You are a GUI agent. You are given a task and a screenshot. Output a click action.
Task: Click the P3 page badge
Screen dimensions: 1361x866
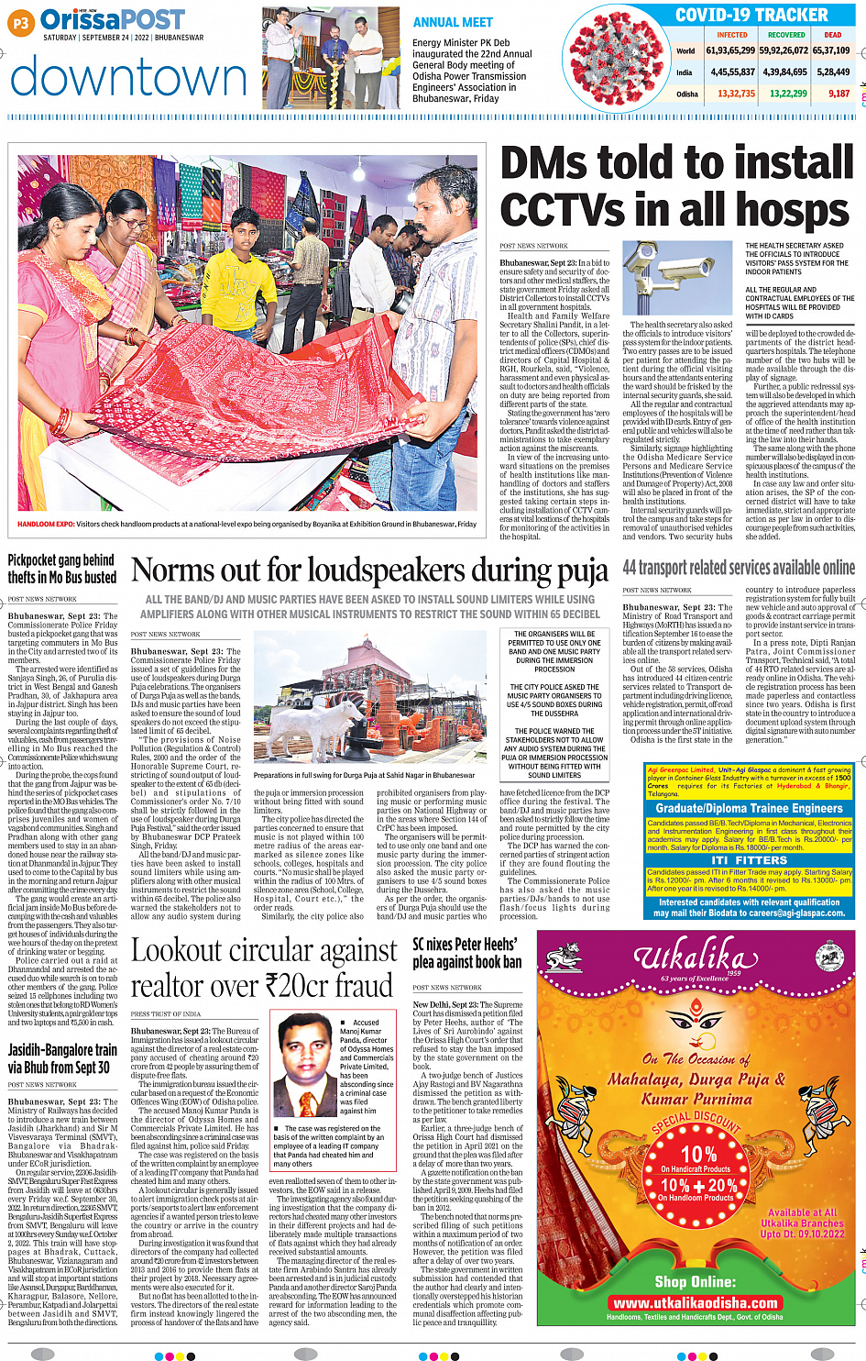(21, 24)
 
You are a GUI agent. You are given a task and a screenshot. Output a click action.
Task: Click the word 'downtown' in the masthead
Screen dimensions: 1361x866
(128, 78)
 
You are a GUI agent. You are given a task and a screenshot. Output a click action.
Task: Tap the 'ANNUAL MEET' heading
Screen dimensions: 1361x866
(453, 22)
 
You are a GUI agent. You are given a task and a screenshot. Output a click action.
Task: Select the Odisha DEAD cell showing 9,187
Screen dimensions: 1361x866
(839, 94)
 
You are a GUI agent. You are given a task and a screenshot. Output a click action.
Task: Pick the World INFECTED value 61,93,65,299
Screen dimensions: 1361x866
(730, 50)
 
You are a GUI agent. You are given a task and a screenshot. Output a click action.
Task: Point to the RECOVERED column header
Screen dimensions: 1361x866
(786, 35)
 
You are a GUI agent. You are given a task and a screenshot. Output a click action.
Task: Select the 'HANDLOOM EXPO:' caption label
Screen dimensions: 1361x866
(46, 525)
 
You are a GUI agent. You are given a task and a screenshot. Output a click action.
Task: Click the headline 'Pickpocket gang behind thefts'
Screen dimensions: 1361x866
(62, 569)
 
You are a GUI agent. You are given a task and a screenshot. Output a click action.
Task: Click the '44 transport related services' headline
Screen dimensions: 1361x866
(739, 569)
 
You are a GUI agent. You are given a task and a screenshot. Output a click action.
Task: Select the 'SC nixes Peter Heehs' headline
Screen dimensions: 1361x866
(466, 953)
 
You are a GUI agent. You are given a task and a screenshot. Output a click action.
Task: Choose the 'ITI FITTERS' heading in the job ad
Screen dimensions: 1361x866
(749, 859)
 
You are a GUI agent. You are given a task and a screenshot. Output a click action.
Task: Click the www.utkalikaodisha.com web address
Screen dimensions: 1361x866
(696, 1302)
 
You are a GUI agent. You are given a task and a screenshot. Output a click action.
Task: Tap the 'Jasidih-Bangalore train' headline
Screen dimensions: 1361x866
(62, 1058)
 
